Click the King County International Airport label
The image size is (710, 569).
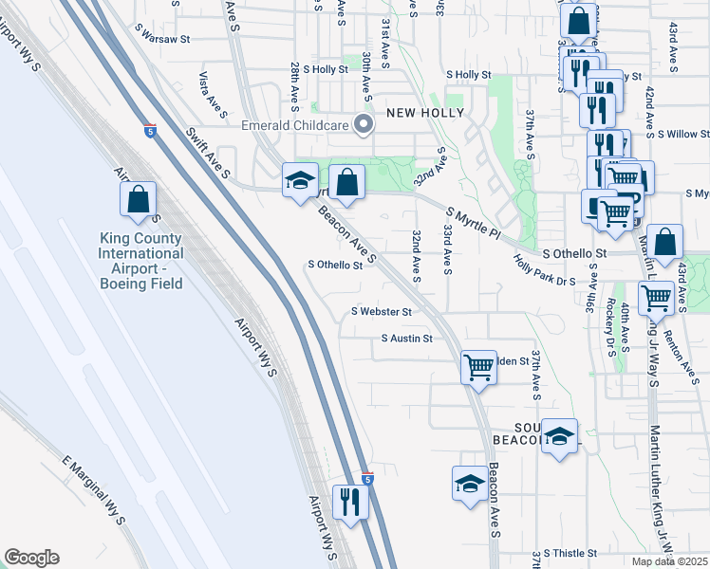pyautogui.click(x=141, y=254)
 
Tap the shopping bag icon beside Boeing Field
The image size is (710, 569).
pyautogui.click(x=138, y=199)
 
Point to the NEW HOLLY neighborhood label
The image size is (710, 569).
pyautogui.click(x=425, y=113)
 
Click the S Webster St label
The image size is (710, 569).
pyautogui.click(x=382, y=311)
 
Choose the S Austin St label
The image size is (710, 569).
pyautogui.click(x=406, y=338)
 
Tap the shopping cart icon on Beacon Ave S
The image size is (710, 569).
pyautogui.click(x=478, y=367)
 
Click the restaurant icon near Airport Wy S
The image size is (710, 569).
pyautogui.click(x=349, y=502)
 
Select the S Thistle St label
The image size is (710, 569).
pyautogui.click(x=567, y=553)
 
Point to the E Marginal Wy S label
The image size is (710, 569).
pyautogui.click(x=92, y=489)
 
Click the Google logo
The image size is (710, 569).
pyautogui.click(x=31, y=558)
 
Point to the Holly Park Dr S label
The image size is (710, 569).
pyautogui.click(x=545, y=271)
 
